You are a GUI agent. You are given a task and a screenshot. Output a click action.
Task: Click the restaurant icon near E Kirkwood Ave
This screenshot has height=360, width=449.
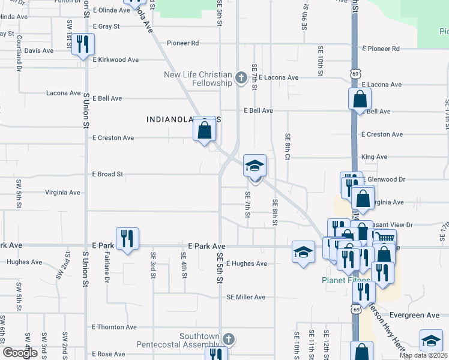point(83,44)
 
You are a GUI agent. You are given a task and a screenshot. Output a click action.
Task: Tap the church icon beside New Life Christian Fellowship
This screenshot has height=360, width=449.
point(241,77)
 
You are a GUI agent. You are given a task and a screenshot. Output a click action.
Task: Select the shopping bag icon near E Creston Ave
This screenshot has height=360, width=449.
point(204,129)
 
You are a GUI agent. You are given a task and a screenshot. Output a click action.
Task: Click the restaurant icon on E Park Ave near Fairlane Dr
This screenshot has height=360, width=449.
point(127,239)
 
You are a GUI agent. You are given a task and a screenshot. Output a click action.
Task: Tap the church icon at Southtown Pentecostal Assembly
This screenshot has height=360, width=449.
point(228,339)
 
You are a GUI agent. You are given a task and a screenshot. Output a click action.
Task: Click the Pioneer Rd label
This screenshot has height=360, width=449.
point(183,43)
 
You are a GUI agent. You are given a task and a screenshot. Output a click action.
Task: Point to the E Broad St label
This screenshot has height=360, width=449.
point(107,174)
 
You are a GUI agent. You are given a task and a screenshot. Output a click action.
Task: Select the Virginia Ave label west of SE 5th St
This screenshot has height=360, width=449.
point(62,193)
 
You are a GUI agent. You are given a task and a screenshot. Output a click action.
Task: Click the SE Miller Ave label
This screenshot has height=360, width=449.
point(246,297)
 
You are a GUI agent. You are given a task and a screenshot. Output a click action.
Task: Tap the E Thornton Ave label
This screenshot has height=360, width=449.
point(114,327)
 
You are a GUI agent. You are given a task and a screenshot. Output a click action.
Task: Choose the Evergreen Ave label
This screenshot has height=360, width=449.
point(414,315)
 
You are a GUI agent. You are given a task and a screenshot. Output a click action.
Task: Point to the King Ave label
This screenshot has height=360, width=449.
point(374,157)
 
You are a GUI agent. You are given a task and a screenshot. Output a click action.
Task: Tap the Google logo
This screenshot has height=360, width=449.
point(20,353)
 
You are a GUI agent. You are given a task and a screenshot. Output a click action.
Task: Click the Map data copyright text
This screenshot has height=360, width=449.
point(423,355)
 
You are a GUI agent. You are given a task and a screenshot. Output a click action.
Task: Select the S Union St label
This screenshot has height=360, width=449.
point(86,109)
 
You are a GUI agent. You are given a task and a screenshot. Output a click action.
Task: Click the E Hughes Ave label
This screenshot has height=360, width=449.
point(246,263)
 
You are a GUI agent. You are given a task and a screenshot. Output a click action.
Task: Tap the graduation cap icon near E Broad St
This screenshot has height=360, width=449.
point(255,166)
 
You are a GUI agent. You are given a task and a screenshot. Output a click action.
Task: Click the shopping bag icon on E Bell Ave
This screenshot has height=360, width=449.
point(360,99)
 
